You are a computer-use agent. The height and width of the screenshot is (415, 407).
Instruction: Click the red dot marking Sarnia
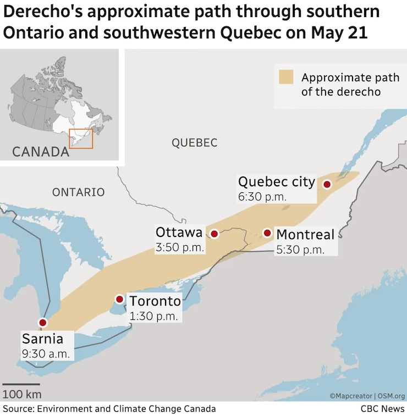coord(42,323)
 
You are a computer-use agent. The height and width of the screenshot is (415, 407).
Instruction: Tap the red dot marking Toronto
coord(119,299)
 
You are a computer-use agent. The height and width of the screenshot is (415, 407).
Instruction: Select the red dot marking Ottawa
coord(215,234)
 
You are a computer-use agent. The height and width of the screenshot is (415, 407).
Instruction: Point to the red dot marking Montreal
coord(267,233)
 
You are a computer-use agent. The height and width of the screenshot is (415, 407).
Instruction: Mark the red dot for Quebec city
coord(327,185)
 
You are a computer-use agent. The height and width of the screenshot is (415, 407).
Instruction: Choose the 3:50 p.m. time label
coord(180,247)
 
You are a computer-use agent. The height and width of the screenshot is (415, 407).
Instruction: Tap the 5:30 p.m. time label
coord(300,250)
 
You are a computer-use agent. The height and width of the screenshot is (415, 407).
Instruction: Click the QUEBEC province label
coord(195,143)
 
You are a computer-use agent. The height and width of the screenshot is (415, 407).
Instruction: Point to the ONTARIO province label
coord(78,192)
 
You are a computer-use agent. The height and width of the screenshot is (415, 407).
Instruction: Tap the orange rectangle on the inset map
coord(81,139)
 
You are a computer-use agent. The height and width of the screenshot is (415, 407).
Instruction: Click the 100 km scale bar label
coord(21,394)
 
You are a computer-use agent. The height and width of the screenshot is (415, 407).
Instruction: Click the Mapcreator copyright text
coord(351,396)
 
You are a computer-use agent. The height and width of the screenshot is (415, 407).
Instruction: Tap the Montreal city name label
coord(305,235)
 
